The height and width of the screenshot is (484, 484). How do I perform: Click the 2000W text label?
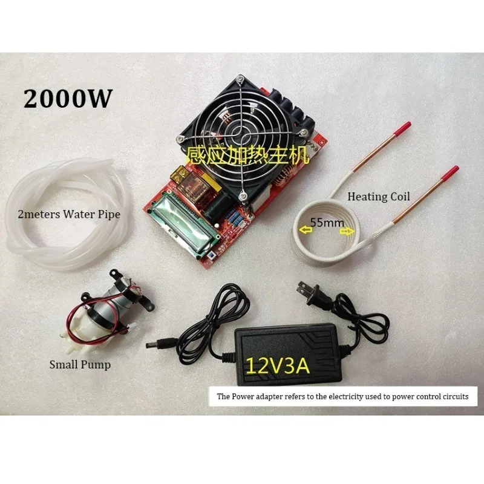pos(68,97)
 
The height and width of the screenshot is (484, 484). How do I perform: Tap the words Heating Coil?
pos(379,197)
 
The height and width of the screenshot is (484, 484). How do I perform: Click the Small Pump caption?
pos(80,364)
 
